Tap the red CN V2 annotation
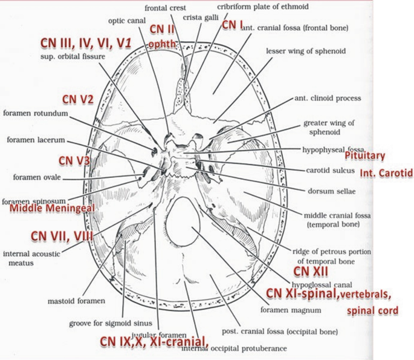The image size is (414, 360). pos(77,99)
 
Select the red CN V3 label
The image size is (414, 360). pos(74,160)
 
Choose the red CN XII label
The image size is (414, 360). pos(310,270)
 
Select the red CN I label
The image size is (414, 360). pos(232,25)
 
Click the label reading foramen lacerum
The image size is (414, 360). pos(35,139)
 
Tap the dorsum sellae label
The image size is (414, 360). pos(329,191)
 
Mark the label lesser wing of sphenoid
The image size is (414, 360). pos(306,51)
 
